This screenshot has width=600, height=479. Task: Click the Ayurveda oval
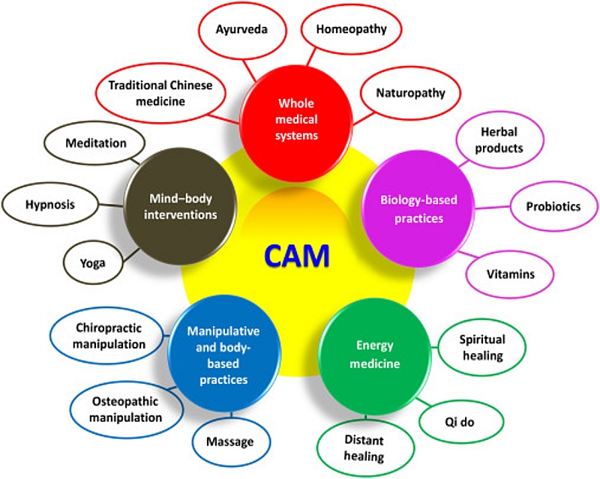[241, 31]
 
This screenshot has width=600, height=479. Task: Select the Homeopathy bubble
[351, 29]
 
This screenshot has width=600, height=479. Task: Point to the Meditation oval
[95, 142]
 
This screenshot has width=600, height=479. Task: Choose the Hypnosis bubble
[50, 203]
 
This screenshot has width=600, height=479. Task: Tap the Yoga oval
[94, 262]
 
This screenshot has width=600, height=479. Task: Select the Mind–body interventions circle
[180, 202]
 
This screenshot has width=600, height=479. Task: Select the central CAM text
[296, 256]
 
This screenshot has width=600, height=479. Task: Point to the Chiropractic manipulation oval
[110, 336]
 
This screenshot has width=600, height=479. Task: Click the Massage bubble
[229, 442]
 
